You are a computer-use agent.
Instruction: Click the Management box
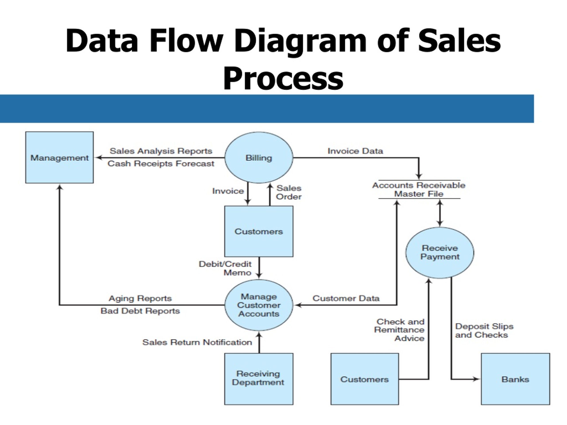click(x=59, y=157)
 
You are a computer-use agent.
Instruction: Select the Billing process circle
click(x=259, y=158)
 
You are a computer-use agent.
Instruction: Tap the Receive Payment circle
click(x=440, y=253)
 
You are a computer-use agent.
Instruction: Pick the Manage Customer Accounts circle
click(x=259, y=305)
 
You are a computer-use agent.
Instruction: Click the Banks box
click(x=515, y=379)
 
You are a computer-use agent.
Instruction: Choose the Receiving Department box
click(x=259, y=379)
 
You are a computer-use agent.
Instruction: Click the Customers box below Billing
click(x=259, y=231)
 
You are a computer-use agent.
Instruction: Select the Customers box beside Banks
click(x=365, y=379)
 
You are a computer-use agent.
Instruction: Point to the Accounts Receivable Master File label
click(x=419, y=189)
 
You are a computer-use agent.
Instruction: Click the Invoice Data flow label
click(x=355, y=151)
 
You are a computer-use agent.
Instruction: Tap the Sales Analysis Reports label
click(x=161, y=151)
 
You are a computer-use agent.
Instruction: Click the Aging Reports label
click(x=140, y=298)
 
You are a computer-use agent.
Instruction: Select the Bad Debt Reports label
click(x=140, y=311)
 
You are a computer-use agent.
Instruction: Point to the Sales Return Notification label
click(x=197, y=342)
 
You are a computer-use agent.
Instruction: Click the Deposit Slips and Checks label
click(x=484, y=331)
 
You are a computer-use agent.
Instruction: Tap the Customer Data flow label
click(x=346, y=298)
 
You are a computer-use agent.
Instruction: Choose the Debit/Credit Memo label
click(x=225, y=268)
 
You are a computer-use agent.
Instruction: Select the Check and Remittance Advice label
click(x=399, y=330)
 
